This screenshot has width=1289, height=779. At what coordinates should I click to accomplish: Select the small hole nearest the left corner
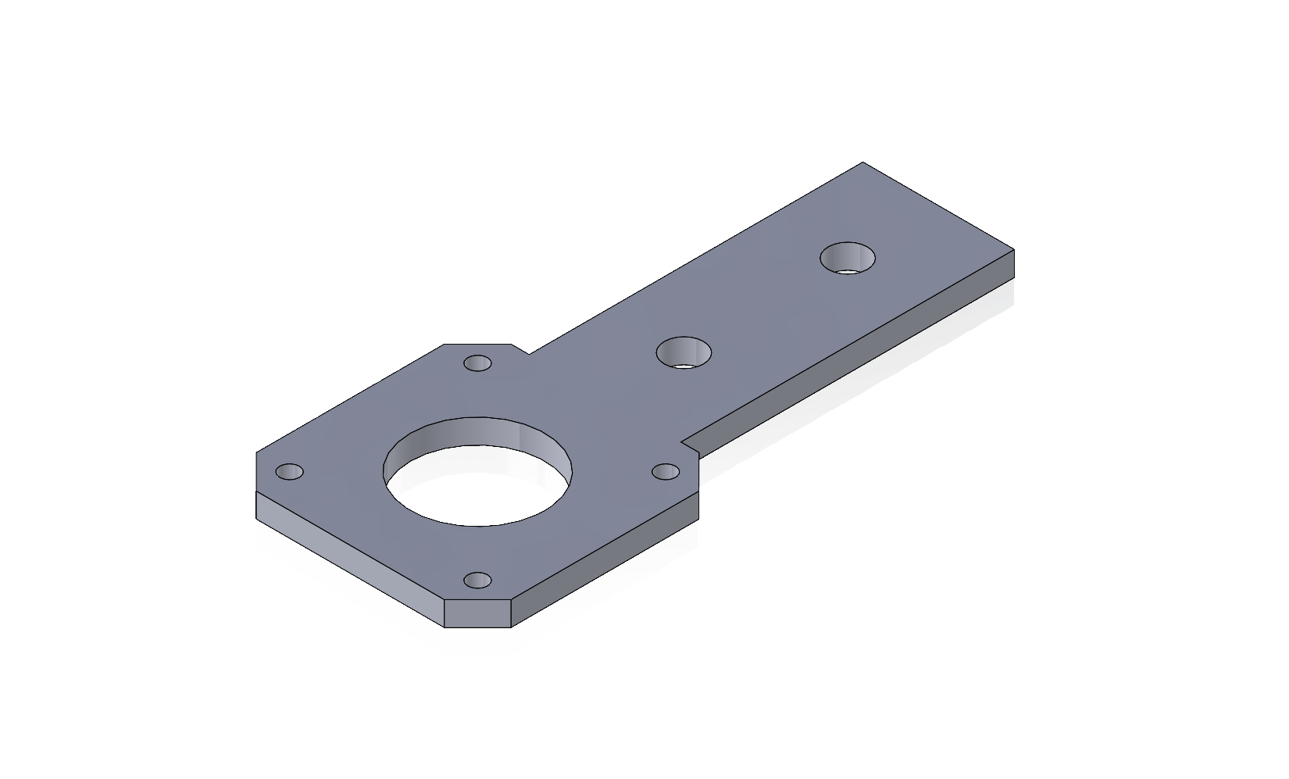[290, 472]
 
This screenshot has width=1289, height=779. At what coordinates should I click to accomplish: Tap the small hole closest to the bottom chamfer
[477, 581]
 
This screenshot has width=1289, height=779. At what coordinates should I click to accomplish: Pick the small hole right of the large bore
[666, 471]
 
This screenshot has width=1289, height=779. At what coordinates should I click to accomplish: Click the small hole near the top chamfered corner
[477, 363]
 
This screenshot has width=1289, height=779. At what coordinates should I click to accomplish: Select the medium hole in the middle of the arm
[684, 352]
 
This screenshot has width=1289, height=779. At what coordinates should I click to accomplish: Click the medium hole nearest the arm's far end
[848, 258]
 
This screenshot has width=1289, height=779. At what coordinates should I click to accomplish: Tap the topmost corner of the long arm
[862, 163]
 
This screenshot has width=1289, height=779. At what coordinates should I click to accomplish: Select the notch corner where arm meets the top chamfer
[529, 354]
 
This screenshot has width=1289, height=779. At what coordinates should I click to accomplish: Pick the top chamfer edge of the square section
[477, 344]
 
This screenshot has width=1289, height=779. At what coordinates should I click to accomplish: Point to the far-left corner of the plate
[257, 452]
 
